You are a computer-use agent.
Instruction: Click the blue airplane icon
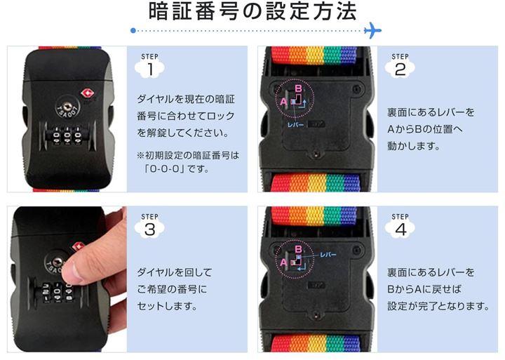pyautogui.click(x=372, y=30)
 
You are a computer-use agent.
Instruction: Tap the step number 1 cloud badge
pyautogui.click(x=150, y=69)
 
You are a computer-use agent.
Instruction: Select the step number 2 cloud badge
pyautogui.click(x=400, y=69)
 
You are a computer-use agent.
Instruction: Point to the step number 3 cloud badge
pyautogui.click(x=150, y=229)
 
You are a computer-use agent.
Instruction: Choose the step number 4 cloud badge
pyautogui.click(x=400, y=229)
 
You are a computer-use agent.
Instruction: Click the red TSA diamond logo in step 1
pyautogui.click(x=87, y=94)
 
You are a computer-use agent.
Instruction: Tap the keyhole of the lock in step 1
pyautogui.click(x=67, y=107)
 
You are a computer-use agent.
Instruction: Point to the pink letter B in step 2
pyautogui.click(x=299, y=88)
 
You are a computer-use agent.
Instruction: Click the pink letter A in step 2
pyautogui.click(x=283, y=102)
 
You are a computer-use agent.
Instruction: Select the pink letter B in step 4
pyautogui.click(x=299, y=249)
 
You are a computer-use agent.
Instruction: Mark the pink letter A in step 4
pyautogui.click(x=283, y=262)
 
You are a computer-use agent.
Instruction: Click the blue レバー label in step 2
pyautogui.click(x=296, y=125)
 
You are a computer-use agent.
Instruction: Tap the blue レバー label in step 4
pyautogui.click(x=328, y=255)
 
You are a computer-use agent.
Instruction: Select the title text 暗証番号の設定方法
pyautogui.click(x=252, y=12)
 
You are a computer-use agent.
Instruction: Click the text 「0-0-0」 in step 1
pyautogui.click(x=163, y=168)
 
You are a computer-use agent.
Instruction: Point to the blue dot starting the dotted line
pyautogui.click(x=133, y=31)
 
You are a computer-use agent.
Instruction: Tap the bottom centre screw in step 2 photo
pyautogui.click(x=316, y=154)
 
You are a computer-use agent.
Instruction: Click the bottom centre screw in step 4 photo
pyautogui.click(x=316, y=314)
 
